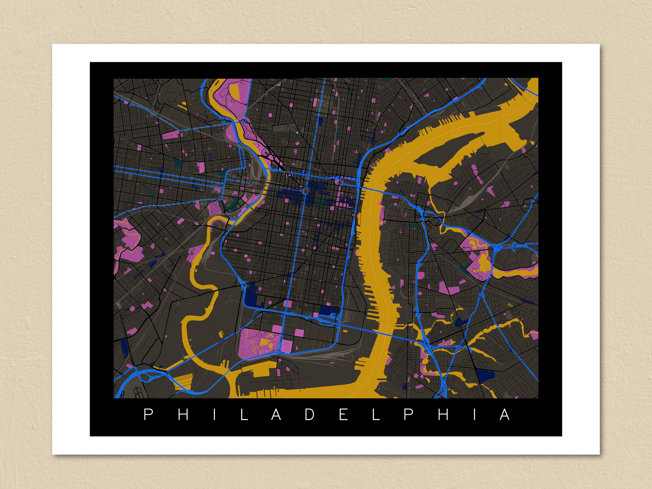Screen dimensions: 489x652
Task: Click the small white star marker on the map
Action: (297, 133)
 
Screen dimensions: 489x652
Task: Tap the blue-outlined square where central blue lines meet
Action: (306, 191)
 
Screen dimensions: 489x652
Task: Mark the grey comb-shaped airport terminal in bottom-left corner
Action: (137, 392)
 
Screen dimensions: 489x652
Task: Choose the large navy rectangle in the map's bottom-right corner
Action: (485, 376)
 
